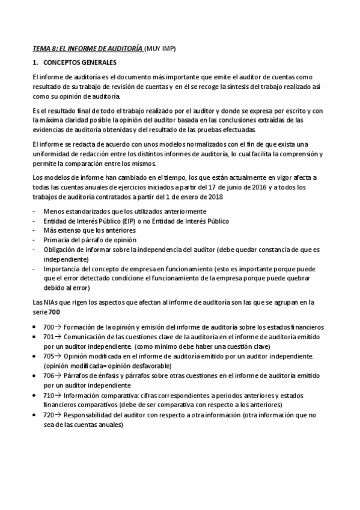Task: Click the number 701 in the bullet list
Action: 50,338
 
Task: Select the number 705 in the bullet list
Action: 50,357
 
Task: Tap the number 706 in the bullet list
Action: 50,375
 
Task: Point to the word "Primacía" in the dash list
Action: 58,240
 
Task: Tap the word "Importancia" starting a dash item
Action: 63,269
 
